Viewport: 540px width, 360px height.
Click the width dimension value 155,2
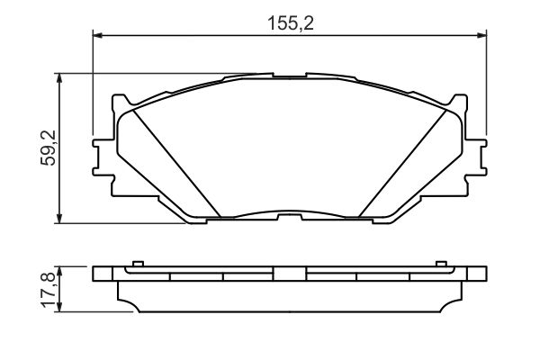(x=289, y=24)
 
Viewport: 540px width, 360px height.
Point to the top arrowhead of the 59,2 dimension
(x=60, y=78)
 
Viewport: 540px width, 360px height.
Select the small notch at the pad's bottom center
(x=289, y=216)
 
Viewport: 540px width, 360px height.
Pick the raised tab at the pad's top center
(x=289, y=75)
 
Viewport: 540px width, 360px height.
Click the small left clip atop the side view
(x=137, y=264)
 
